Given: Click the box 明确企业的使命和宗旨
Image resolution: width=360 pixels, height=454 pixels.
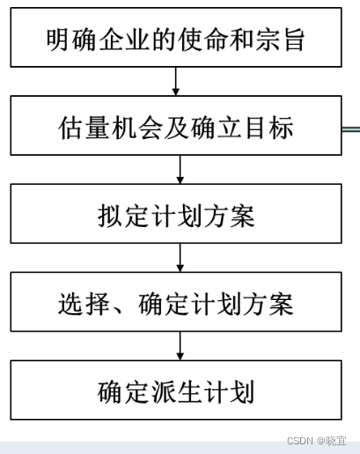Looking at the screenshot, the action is point(176,37).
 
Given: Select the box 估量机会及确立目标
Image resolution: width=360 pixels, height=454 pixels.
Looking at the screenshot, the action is point(176,125).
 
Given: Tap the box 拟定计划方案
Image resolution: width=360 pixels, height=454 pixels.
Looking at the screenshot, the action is point(176,214).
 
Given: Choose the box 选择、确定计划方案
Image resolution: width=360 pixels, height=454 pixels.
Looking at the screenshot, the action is point(176,302).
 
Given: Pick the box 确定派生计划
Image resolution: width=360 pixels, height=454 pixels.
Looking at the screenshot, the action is point(176,390).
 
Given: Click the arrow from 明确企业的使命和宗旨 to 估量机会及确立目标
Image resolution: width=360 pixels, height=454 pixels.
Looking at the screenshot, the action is point(175,82).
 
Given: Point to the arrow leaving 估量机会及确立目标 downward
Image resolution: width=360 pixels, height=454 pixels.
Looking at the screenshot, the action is point(180,170).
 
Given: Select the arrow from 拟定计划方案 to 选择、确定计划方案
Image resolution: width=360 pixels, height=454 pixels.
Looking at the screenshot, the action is point(180,258).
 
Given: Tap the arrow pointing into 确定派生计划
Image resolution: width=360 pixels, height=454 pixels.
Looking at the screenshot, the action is point(180,346).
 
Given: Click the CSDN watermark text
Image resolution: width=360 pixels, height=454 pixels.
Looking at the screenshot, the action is point(300,441).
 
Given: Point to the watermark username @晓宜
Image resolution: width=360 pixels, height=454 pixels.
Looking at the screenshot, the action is point(332,441).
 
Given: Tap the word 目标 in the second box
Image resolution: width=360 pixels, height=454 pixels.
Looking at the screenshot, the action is point(269,128).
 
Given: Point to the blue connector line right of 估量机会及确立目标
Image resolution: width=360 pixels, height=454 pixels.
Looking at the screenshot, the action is point(351,128).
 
